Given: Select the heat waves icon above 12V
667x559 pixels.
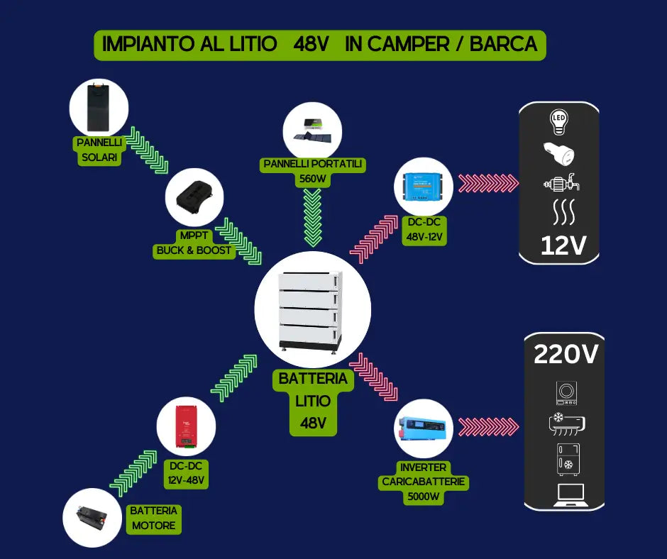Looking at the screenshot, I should coord(560,212).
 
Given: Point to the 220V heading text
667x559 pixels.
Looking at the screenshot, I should coord(565,355).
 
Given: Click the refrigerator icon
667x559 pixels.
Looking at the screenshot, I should coord(567,459).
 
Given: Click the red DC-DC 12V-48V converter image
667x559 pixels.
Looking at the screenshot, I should coord(187,427).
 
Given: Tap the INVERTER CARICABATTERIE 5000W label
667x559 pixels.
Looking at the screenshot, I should coord(423,482).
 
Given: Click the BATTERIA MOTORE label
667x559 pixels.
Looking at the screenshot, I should coord(154,518).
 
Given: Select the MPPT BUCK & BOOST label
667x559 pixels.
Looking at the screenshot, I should coord(194,243).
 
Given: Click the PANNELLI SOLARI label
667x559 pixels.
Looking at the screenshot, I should coord(99,150).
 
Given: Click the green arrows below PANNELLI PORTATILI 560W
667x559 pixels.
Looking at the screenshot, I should coord(312,217).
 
